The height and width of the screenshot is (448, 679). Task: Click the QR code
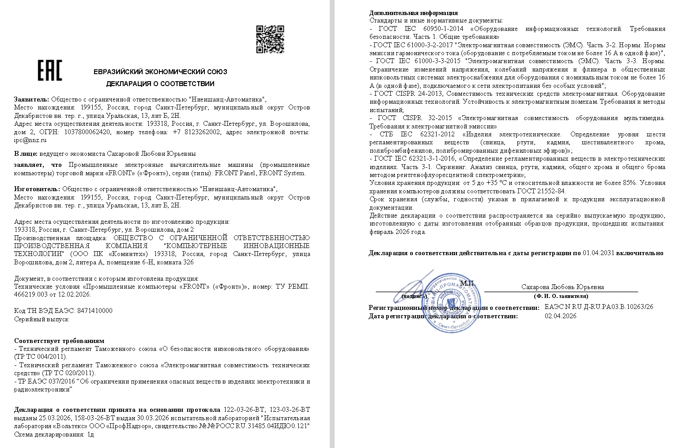[x=270, y=39]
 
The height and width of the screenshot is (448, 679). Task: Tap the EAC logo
[x=49, y=71]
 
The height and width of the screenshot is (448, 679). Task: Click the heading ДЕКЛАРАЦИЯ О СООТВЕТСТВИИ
[x=160, y=84]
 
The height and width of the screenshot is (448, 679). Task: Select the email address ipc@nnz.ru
[x=30, y=140]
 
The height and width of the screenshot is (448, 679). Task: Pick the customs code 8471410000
[x=94, y=311]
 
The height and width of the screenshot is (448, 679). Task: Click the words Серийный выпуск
[x=41, y=319]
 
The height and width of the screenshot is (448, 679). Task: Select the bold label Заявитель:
[x=31, y=99]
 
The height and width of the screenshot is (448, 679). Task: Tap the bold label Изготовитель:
[x=37, y=189]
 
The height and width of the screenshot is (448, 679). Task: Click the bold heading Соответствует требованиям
[x=59, y=341]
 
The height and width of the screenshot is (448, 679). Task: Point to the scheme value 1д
[x=90, y=434]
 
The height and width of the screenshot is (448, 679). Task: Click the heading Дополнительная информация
[x=413, y=13]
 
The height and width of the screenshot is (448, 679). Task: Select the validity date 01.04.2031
[x=598, y=253]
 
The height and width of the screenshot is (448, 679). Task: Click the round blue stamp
[x=451, y=303]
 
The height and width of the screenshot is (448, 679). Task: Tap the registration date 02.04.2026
[x=560, y=316]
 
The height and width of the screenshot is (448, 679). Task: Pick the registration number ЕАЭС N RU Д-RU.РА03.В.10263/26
[x=599, y=307]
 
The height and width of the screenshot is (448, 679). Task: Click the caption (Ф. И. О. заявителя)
[x=561, y=296]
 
